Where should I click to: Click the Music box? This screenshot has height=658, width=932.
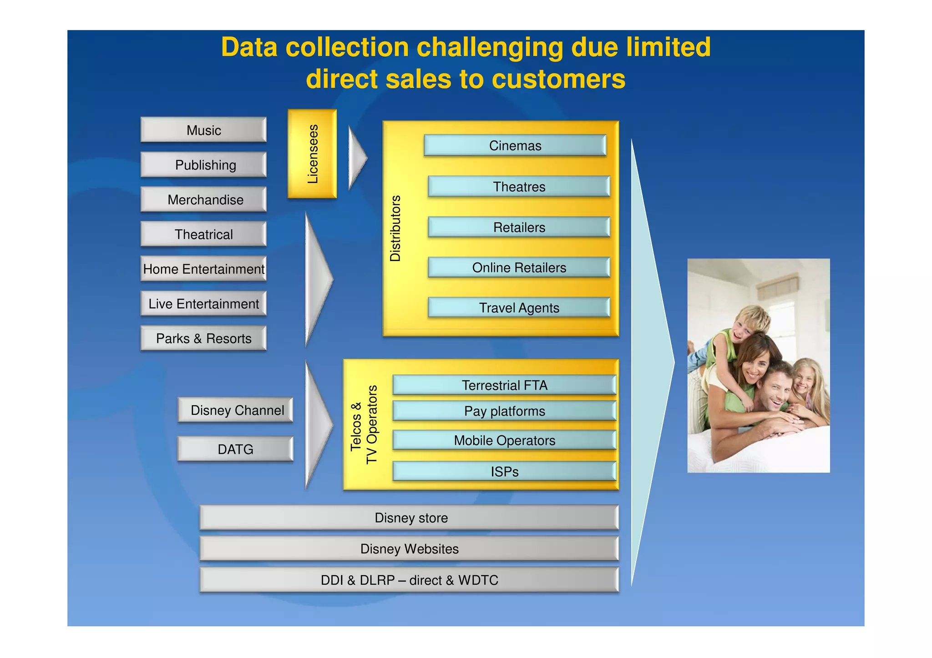pos(203,130)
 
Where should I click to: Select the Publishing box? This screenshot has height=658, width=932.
pos(203,165)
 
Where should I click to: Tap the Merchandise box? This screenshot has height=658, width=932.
pos(203,200)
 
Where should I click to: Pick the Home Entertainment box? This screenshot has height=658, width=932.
pos(203,269)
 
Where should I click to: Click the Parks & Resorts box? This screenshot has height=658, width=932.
pos(203,338)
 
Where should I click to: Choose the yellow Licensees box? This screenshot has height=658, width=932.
pos(312,154)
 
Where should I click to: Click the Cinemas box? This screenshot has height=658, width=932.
pos(515,146)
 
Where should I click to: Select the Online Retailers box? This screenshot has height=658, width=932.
pos(519,267)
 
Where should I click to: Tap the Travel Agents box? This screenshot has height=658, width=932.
pos(519,308)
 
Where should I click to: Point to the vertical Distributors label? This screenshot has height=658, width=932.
pos(395,228)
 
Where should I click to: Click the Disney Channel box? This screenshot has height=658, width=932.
pos(236,410)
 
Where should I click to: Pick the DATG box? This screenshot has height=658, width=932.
pos(235,449)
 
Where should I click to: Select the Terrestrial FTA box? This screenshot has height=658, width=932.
pos(504,385)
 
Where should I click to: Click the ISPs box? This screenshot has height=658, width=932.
pos(504,472)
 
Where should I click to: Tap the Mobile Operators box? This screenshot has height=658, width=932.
pos(504,440)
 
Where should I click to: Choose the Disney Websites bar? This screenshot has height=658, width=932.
pos(409,549)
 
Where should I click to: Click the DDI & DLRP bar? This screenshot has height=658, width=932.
pos(409,580)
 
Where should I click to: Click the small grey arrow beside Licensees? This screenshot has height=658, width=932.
pos(357,158)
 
